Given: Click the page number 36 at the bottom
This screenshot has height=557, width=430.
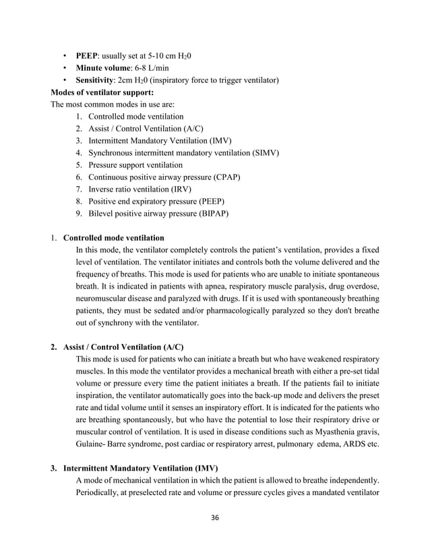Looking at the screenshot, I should pos(214,517).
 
